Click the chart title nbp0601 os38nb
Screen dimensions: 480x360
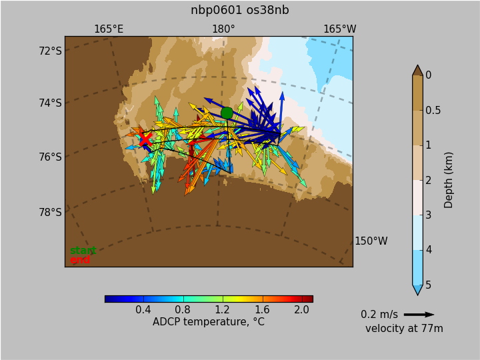point(240,10)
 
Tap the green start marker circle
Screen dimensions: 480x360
point(227,113)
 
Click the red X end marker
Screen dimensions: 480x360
point(145,139)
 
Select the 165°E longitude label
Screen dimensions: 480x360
point(109,29)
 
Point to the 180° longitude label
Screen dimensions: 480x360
point(224,29)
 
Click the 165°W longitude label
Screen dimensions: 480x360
point(340,29)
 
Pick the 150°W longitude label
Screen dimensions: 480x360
point(371,241)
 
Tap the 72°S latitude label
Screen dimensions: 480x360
point(50,51)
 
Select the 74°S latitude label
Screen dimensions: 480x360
point(50,103)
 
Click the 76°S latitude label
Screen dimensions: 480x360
point(50,157)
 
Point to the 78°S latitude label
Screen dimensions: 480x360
point(50,212)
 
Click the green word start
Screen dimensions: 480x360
point(83,251)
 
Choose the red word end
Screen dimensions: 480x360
point(80,260)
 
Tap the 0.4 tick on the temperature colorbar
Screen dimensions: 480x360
point(143,310)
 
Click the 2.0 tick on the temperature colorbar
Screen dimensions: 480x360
point(301,310)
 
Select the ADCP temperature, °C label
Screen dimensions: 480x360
point(209,322)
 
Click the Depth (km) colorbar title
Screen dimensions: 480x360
point(448,180)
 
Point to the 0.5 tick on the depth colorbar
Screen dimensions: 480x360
point(433,110)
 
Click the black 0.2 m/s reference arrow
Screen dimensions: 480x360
point(419,315)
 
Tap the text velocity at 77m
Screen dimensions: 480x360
point(404,329)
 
